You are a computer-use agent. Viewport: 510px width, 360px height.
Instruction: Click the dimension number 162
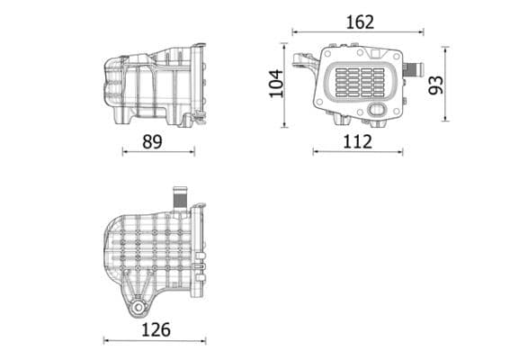[x=358, y=22]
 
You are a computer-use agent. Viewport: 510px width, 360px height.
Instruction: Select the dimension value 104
[x=276, y=83]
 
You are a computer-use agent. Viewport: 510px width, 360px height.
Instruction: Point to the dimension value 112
[x=357, y=140]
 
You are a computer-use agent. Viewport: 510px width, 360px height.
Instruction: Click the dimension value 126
[x=155, y=329]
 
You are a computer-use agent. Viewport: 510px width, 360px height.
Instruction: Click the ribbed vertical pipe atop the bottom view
[x=179, y=197]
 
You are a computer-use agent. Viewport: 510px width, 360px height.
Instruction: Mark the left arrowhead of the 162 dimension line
[x=294, y=33]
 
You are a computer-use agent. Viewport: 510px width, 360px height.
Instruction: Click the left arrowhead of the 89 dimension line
[x=124, y=151]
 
